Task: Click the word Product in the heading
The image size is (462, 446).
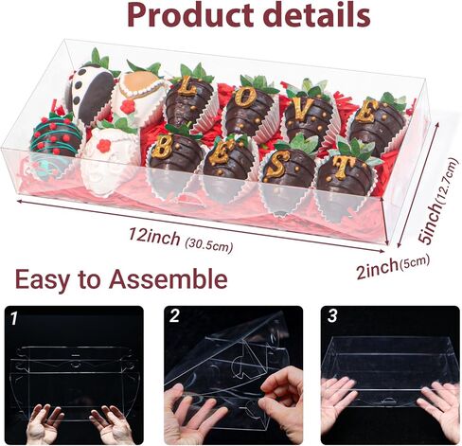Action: point(181,15)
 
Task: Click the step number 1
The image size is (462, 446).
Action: point(12,317)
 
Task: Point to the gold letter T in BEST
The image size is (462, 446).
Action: point(342,170)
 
